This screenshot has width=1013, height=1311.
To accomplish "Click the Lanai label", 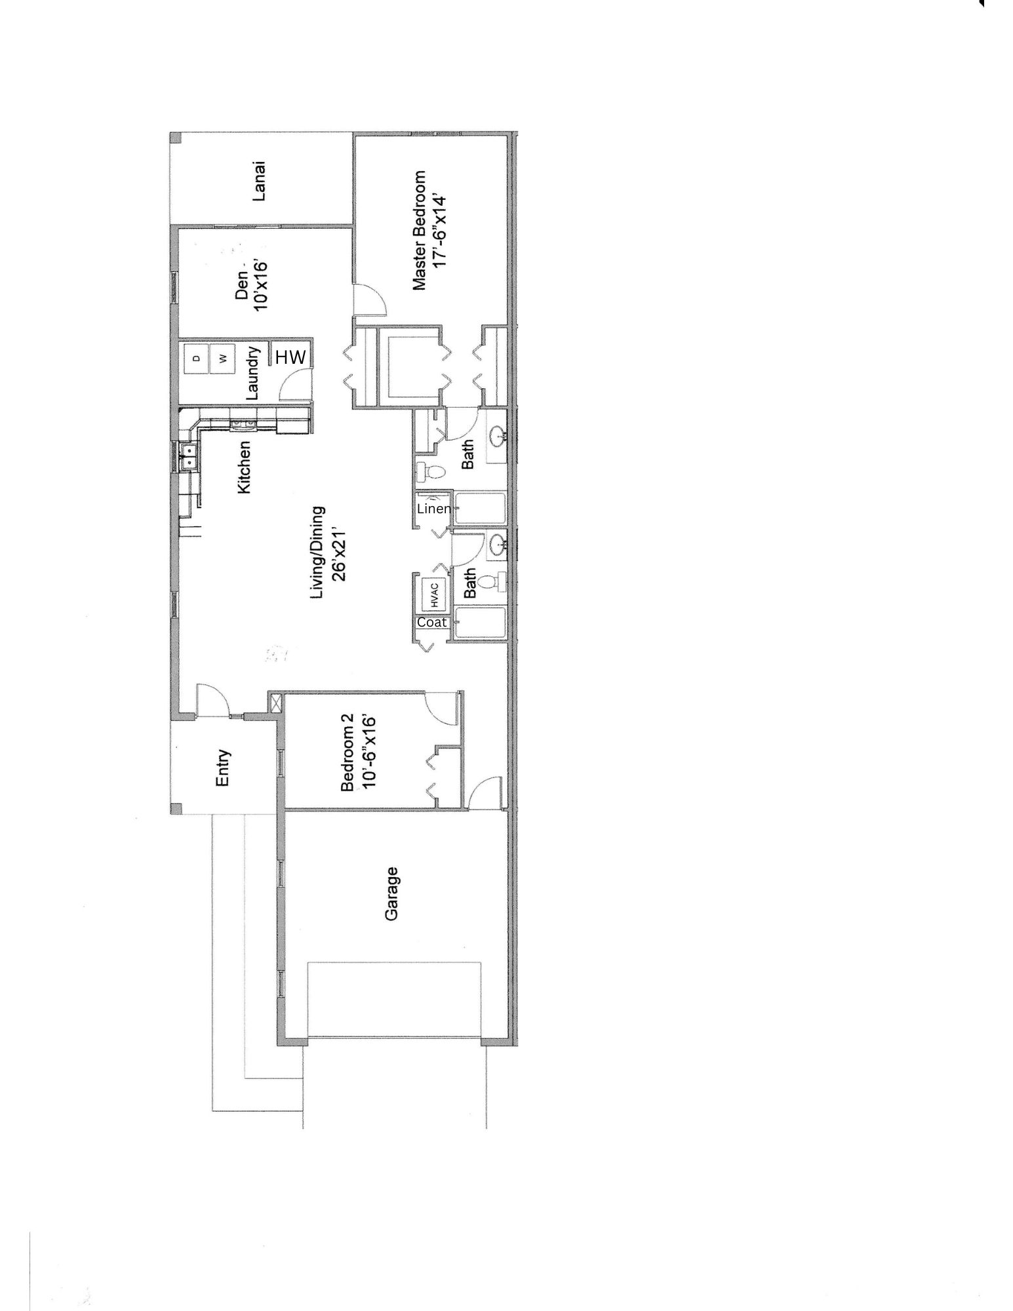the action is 259,182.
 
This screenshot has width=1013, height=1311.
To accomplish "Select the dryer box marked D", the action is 196,359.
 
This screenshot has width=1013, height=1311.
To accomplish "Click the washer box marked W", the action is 223,359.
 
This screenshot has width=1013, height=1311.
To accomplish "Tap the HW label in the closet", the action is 290,357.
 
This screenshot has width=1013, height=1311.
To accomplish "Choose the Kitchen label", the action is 243,467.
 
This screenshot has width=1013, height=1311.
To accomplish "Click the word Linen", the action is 433,509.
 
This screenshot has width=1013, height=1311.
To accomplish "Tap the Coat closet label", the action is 432,623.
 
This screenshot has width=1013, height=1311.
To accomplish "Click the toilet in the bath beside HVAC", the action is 490,581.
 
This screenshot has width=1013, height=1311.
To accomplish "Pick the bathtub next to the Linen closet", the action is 480,509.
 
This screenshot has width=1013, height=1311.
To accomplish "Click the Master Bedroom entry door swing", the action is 369,300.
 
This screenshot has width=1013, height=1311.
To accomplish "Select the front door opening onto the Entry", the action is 212,699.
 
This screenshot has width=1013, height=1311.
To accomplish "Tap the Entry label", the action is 223,768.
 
